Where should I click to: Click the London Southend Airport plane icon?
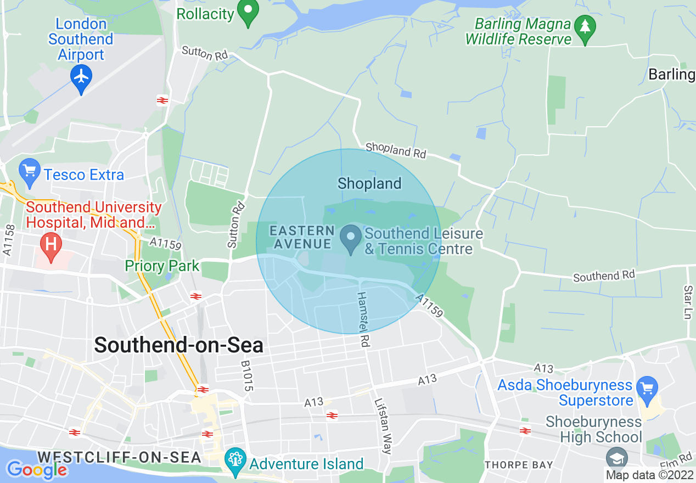click(x=81, y=77)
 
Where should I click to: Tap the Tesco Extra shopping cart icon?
click(x=30, y=172)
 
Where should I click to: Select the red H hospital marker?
click(x=51, y=245)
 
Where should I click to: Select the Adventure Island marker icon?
click(x=236, y=459)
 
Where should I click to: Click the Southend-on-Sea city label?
click(x=179, y=345)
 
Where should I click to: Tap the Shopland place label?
click(x=369, y=183)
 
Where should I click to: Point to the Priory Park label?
click(x=162, y=266)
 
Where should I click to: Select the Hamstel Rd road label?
click(x=363, y=319)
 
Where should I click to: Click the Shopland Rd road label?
click(x=395, y=150)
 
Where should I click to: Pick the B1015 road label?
click(x=247, y=376)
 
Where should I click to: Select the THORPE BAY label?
click(x=519, y=465)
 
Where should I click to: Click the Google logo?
click(x=37, y=469)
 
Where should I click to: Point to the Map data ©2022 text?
click(x=650, y=475)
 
